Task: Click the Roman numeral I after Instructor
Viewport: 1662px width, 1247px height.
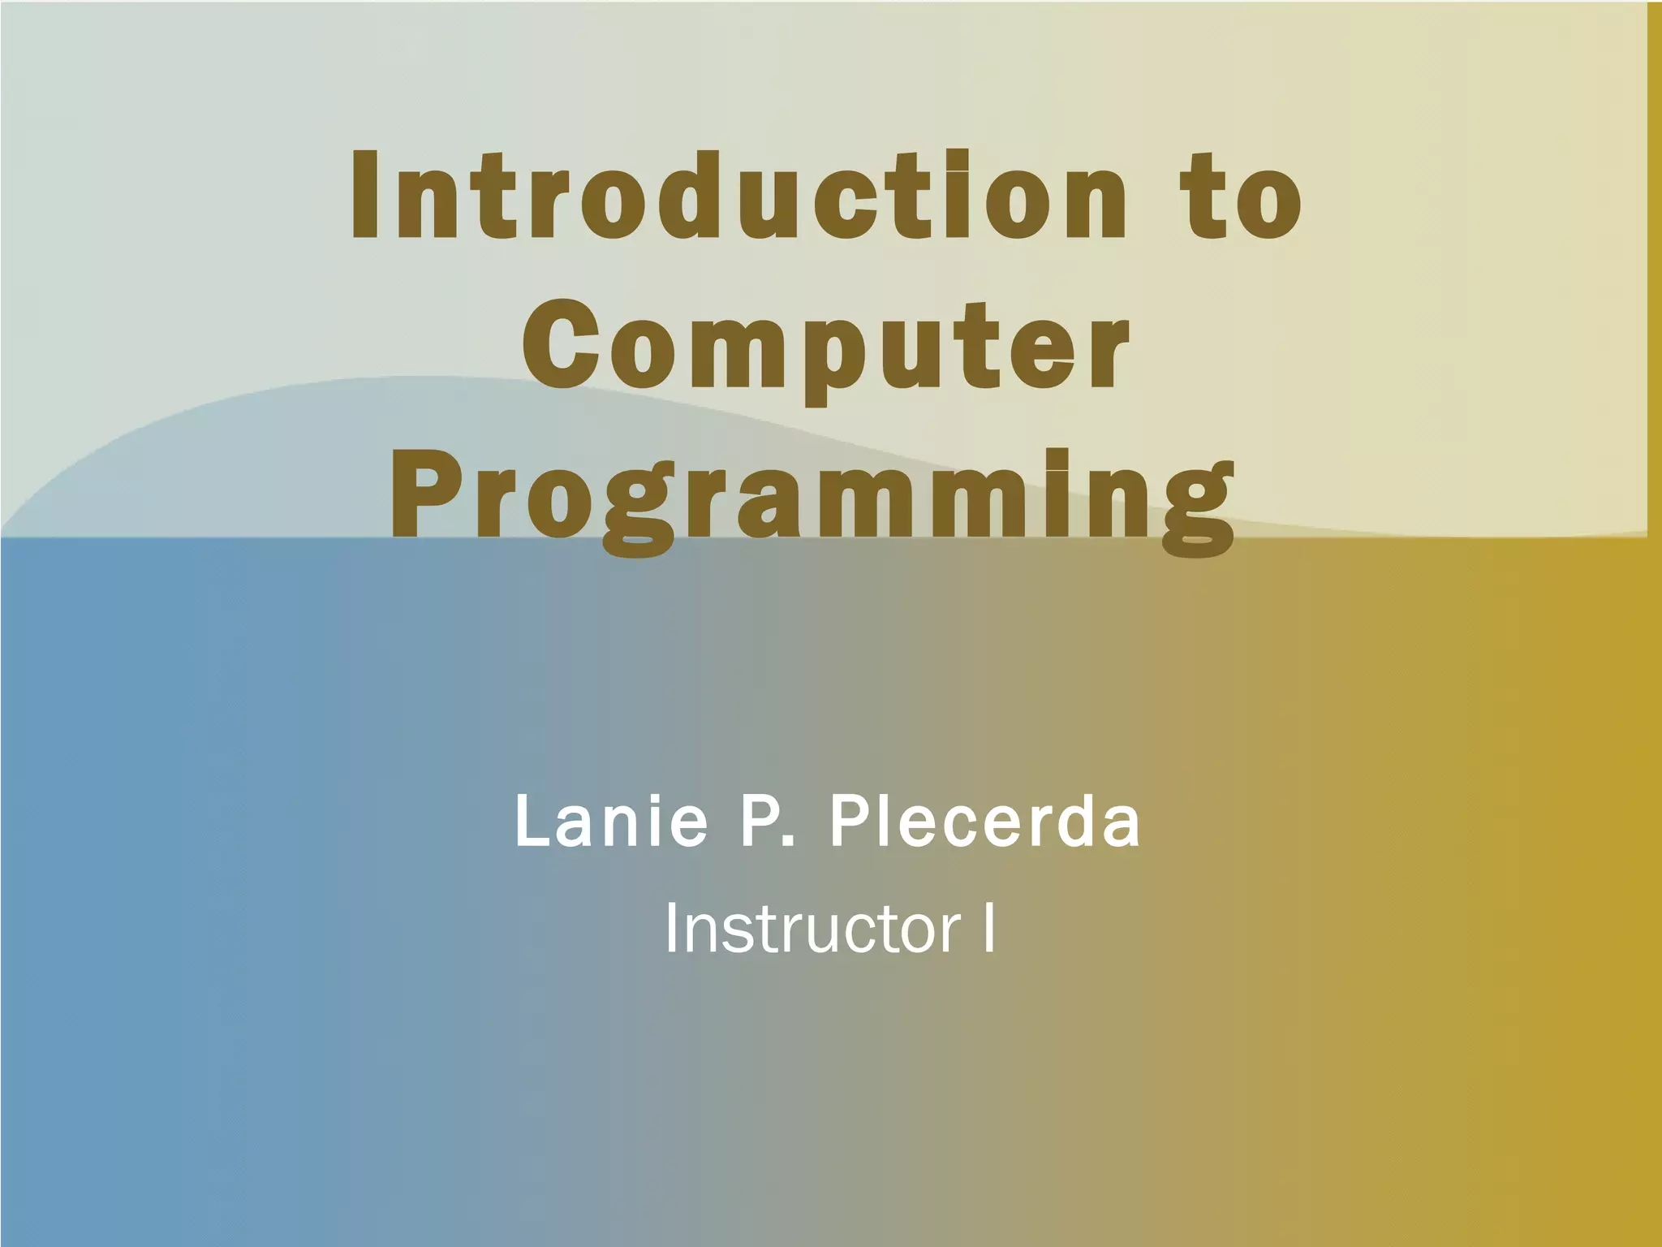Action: (988, 929)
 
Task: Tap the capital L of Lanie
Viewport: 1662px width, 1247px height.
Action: (532, 822)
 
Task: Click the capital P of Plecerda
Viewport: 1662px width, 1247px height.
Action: (849, 822)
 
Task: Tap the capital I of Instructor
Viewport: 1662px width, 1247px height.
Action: (671, 929)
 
